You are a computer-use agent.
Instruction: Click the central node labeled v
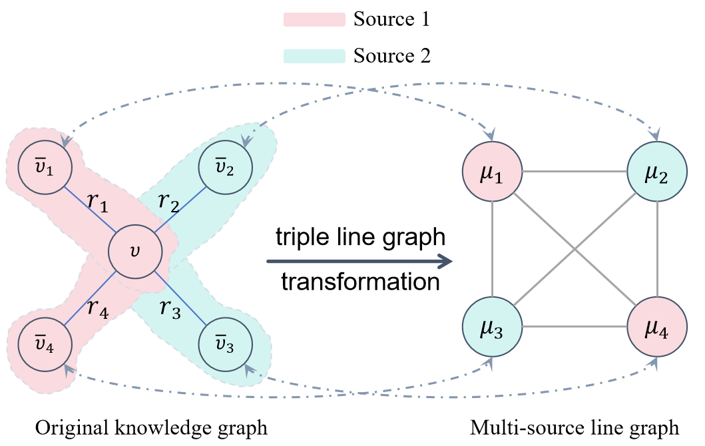pyautogui.click(x=135, y=252)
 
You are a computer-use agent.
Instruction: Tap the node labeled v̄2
pyautogui.click(x=225, y=167)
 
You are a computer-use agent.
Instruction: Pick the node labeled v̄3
pyautogui.click(x=225, y=345)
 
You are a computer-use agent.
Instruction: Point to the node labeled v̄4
pyautogui.click(x=45, y=345)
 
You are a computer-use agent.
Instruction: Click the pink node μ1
pyautogui.click(x=492, y=171)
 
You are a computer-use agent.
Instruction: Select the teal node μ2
pyautogui.click(x=657, y=171)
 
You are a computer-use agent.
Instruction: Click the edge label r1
pyautogui.click(x=98, y=202)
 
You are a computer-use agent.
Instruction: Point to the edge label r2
pyautogui.click(x=168, y=202)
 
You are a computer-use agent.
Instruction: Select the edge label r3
pyautogui.click(x=170, y=308)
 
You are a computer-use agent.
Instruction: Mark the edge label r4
pyautogui.click(x=98, y=308)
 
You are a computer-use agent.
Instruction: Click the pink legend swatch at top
pyautogui.click(x=314, y=20)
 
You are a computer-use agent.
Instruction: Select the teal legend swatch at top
pyautogui.click(x=314, y=56)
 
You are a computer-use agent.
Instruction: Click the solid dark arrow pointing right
pyautogui.click(x=359, y=262)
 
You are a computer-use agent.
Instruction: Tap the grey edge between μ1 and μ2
pyautogui.click(x=575, y=172)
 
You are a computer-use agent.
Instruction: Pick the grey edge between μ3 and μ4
pyautogui.click(x=575, y=327)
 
